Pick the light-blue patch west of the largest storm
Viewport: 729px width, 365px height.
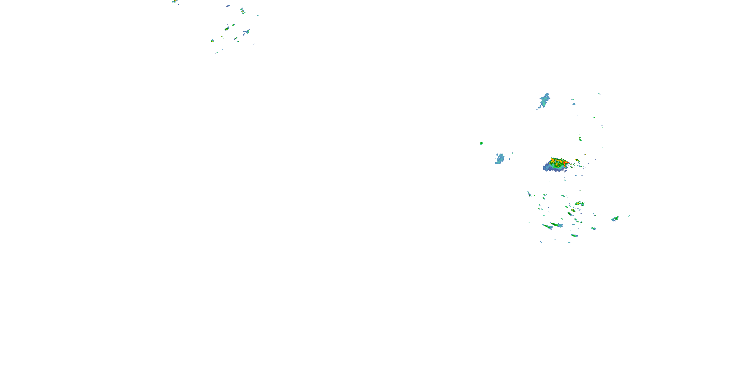coord(500,159)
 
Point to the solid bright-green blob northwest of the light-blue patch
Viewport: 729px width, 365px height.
coord(481,143)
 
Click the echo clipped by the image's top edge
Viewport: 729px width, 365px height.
coord(175,1)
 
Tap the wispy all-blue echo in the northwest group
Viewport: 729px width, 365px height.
coord(228,6)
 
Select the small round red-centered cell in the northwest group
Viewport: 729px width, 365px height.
coord(212,41)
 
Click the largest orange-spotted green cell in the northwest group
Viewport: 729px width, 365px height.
coord(227,29)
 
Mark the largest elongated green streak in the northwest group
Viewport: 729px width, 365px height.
coord(235,38)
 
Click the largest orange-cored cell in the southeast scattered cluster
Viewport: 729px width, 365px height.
coord(580,203)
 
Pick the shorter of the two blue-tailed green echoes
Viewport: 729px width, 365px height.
coord(547,227)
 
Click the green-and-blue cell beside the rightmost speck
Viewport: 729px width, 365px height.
coord(615,219)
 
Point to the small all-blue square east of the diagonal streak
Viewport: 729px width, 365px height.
coord(574,104)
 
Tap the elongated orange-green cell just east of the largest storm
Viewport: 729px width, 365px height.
coord(577,160)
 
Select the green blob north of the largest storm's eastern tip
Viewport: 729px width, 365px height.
coord(580,139)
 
